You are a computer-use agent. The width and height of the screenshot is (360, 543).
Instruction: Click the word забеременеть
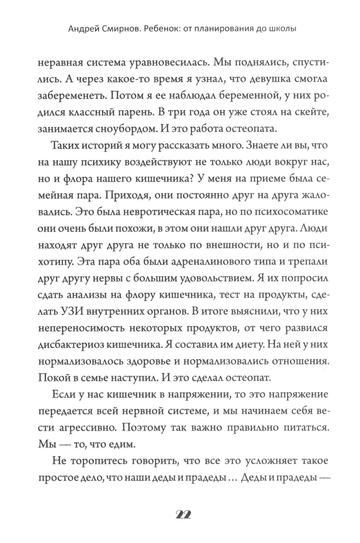point(68,98)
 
